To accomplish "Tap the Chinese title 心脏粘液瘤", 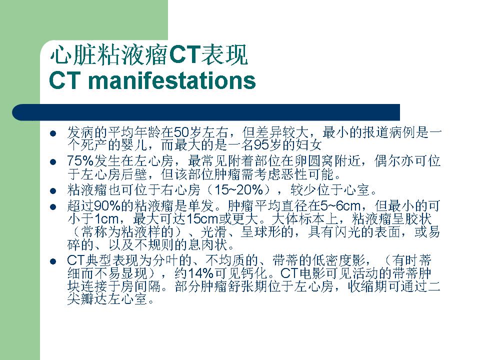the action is pyautogui.click(x=109, y=55).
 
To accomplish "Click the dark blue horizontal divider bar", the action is pyautogui.click(x=206, y=112).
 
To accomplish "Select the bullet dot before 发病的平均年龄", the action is pyautogui.click(x=53, y=133).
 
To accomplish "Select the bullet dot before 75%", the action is pyautogui.click(x=53, y=162).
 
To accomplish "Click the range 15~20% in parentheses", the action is pyautogui.click(x=239, y=190).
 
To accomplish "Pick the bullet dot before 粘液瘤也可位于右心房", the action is pyautogui.click(x=53, y=191).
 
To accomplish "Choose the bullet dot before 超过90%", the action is pyautogui.click(x=53, y=207).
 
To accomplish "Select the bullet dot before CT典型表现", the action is pyautogui.click(x=53, y=261).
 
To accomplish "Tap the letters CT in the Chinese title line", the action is pyautogui.click(x=184, y=55).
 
